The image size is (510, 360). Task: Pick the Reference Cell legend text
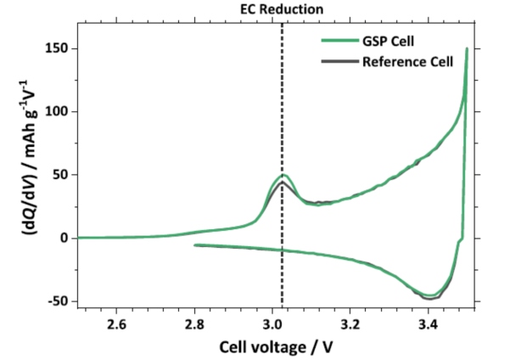408,62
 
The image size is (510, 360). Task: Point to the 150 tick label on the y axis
57,48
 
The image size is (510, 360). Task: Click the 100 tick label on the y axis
57,111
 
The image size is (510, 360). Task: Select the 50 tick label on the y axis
60,175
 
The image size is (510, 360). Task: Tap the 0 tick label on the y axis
64,238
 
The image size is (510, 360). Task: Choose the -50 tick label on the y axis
58,301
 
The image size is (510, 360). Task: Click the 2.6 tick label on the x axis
116,325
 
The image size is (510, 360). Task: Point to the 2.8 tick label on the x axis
194,325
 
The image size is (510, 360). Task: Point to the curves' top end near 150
467,50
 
